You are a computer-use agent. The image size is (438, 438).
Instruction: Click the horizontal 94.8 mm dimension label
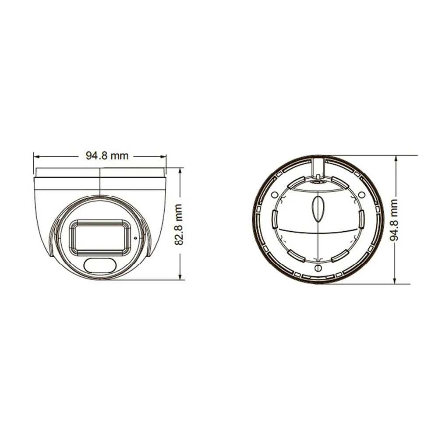107,155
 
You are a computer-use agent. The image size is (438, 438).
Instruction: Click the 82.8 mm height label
179,225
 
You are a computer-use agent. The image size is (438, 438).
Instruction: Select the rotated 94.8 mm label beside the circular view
394,220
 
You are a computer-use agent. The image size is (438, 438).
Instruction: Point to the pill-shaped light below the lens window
100,265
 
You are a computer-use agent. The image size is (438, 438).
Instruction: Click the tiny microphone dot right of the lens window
135,238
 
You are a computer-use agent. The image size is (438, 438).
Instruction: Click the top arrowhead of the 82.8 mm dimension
181,170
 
